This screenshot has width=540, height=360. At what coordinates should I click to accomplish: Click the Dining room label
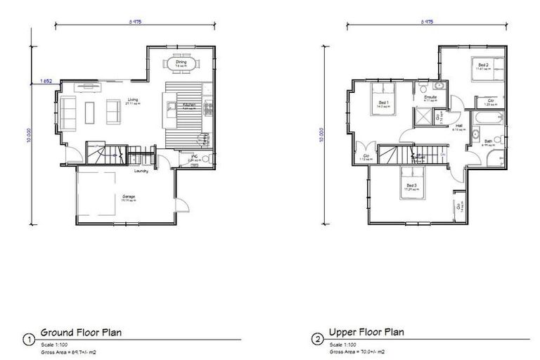[x=181, y=61]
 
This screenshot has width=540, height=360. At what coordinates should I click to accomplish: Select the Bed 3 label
[x=411, y=186]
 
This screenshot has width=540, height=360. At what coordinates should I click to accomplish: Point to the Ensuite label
[x=431, y=97]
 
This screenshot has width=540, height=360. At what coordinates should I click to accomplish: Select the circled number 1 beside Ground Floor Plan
[x=29, y=340]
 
